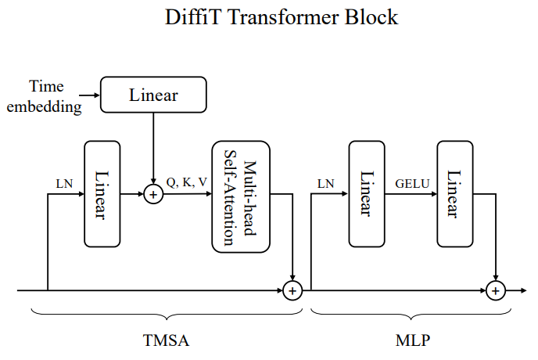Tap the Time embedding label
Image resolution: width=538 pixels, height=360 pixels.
(45, 95)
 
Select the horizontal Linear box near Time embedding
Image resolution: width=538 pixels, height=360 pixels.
(153, 95)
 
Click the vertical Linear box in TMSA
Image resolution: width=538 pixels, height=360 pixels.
(102, 195)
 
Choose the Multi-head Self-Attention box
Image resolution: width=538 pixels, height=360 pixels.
(240, 195)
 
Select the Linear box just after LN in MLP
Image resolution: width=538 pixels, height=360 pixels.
(366, 195)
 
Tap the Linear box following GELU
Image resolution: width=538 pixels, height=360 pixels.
(456, 195)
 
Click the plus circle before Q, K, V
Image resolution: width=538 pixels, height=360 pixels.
(153, 195)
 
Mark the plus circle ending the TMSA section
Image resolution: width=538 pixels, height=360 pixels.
(292, 290)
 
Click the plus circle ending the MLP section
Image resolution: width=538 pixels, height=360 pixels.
(494, 290)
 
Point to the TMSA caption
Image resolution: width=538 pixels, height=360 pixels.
(167, 341)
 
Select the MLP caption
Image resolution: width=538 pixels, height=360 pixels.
(411, 341)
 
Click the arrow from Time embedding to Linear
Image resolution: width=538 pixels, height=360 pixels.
(92, 95)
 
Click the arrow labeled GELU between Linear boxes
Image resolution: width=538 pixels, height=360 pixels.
(411, 195)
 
